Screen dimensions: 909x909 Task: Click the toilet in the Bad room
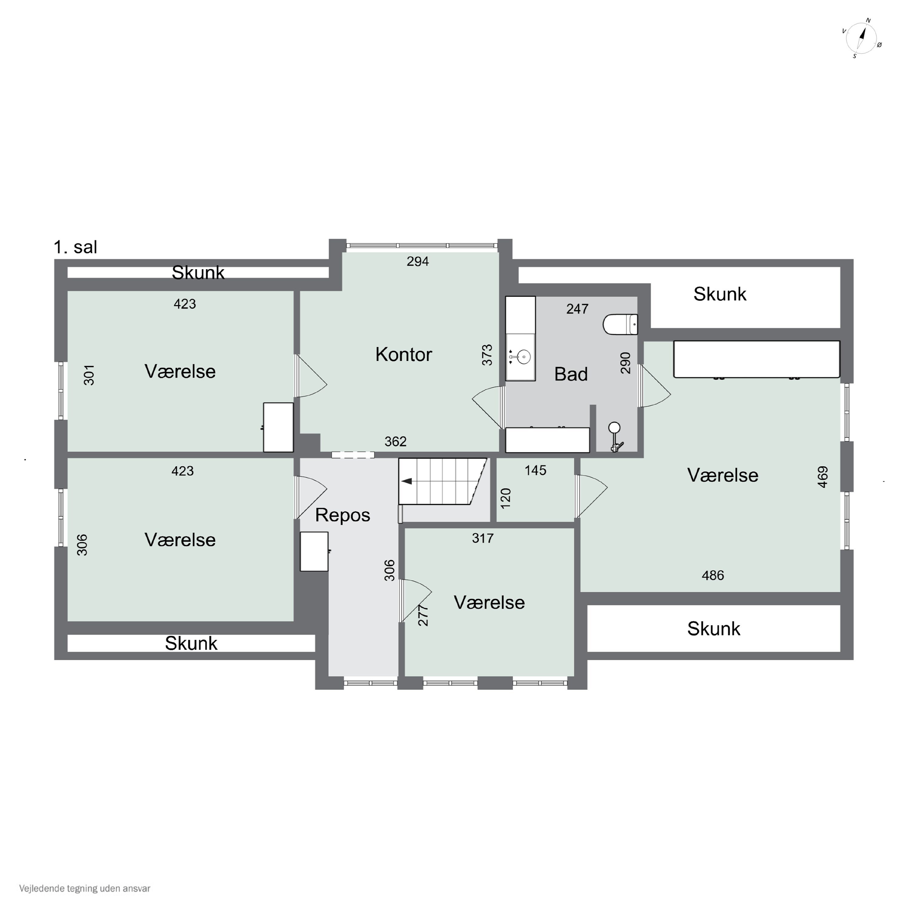tap(621, 324)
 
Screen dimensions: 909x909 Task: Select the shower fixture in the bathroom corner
tap(615, 437)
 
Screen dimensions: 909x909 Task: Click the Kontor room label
tap(404, 354)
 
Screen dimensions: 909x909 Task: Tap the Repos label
tap(342, 515)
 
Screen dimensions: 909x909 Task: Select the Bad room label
tap(571, 374)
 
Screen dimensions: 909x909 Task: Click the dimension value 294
tap(418, 261)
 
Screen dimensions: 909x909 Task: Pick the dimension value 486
tap(713, 575)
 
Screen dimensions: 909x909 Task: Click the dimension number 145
tap(535, 470)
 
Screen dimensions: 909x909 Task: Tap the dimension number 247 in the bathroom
tap(577, 309)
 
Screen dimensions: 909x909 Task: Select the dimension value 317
tap(483, 538)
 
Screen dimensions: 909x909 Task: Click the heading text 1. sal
tap(75, 247)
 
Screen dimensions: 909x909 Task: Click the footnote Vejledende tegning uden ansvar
tap(85, 888)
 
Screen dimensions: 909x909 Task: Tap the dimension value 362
tap(395, 441)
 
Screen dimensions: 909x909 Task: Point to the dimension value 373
tap(487, 355)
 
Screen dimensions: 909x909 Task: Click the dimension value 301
tap(89, 375)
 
